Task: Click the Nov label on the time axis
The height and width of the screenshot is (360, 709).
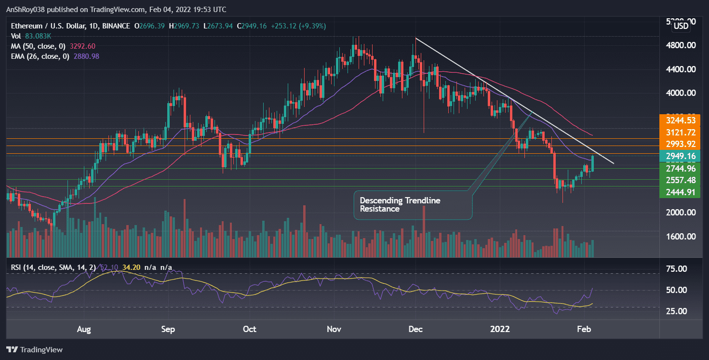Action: pos(334,330)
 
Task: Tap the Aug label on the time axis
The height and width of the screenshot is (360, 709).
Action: pos(84,330)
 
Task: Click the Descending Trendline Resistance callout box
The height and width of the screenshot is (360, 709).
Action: pos(413,205)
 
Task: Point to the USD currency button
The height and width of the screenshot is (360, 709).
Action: pos(681,26)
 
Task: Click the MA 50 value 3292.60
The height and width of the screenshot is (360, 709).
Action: pos(85,46)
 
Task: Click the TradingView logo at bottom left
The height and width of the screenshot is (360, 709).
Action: pos(35,349)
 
